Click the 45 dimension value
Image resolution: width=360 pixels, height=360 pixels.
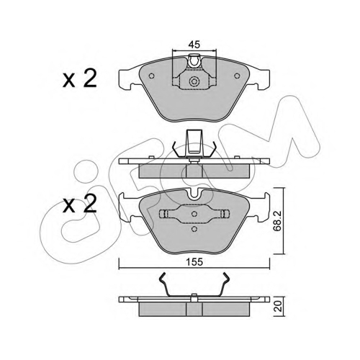pos(194,45)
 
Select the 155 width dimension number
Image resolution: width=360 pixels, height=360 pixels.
pos(194,262)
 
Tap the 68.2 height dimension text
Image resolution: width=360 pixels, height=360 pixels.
pos(278,221)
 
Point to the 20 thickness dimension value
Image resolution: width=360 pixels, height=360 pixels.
pos(279,307)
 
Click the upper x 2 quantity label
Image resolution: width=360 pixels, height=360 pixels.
pos(80,78)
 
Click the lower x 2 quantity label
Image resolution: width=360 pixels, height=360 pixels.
pos(80,204)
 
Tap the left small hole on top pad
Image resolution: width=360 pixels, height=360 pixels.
pos(151,76)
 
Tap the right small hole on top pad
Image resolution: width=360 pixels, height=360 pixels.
pos(237,76)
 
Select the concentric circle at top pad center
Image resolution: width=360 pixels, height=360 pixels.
pos(194,81)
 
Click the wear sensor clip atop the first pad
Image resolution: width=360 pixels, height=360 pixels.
pos(194,60)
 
